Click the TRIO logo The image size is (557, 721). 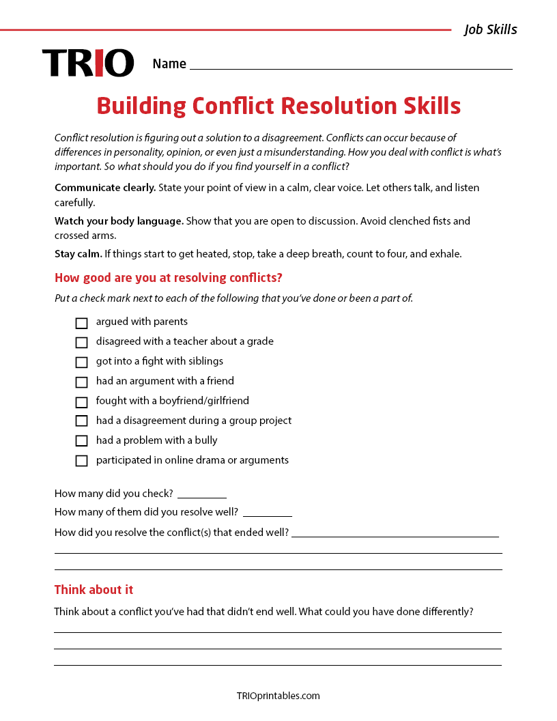coord(88,63)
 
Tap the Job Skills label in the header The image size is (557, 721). coord(490,29)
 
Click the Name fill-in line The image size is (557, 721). coord(351,65)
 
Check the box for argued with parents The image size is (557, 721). coord(81,323)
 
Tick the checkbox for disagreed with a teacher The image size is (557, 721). coord(81,343)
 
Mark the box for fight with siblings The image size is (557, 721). coord(81,363)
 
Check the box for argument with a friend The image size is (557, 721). coord(81,382)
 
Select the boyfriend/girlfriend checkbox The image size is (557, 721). coord(81,402)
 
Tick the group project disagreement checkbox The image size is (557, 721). coord(81,421)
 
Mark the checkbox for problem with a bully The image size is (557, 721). coord(81,441)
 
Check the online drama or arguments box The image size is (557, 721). coord(81,461)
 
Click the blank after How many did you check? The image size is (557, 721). coord(202,494)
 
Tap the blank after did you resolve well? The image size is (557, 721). coord(268,513)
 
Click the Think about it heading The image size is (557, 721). coord(94,590)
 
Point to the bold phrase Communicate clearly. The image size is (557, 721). coord(105,188)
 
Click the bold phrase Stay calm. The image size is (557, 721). coord(78,254)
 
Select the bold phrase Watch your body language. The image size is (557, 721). coord(119,221)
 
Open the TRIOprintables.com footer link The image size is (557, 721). coord(278,696)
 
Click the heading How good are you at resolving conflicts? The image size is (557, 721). coord(168,278)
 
